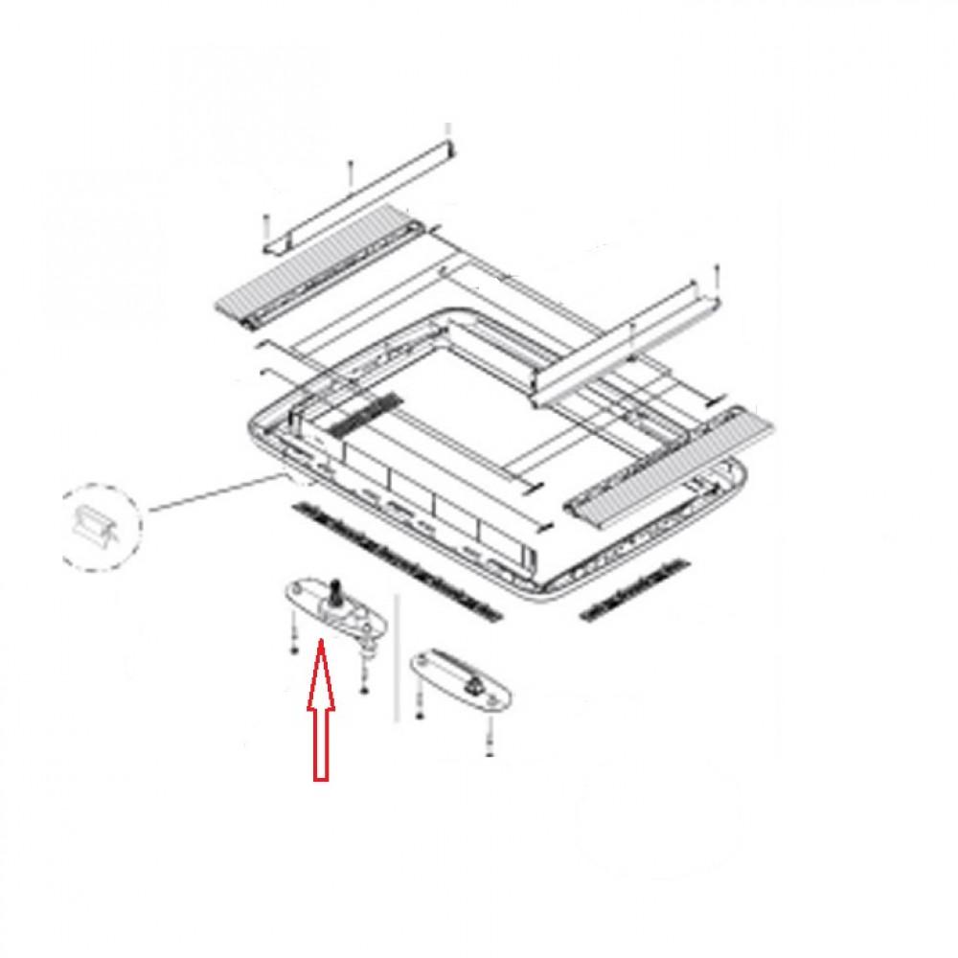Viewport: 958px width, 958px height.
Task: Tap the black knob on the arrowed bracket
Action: click(x=338, y=587)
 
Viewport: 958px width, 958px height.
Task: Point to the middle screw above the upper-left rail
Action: click(x=351, y=173)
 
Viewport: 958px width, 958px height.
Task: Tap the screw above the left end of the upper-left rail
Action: click(x=264, y=226)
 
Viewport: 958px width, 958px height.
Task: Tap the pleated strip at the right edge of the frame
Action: click(x=671, y=469)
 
